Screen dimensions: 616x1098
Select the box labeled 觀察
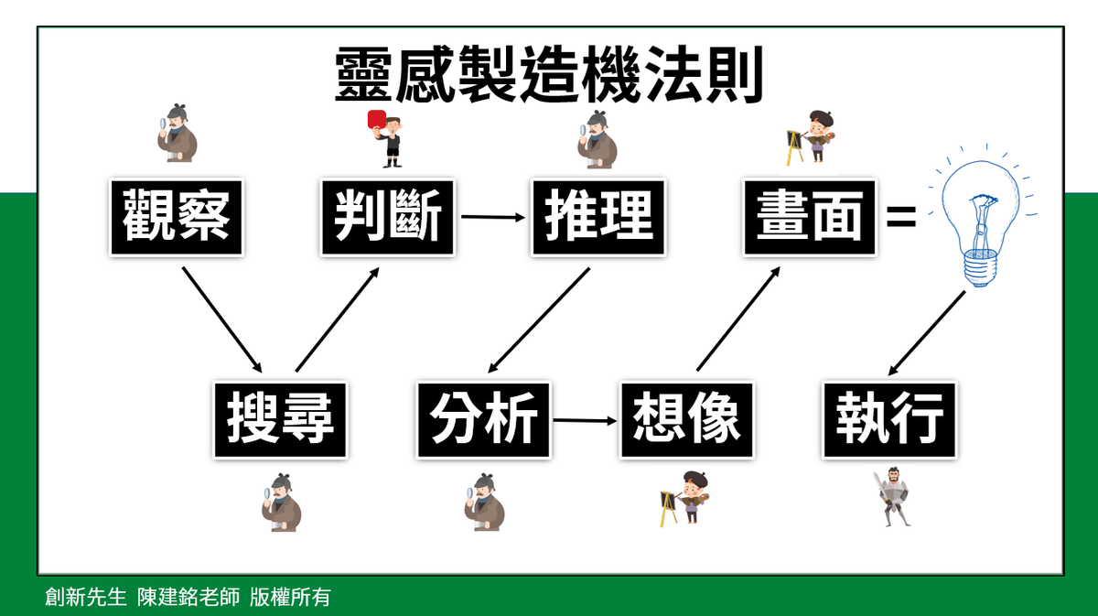point(176,218)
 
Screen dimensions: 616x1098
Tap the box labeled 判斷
point(387,218)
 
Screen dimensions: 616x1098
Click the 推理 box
point(598,218)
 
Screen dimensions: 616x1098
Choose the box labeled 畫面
point(810,218)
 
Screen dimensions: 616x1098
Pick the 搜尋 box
point(281,420)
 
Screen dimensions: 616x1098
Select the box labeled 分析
point(483,420)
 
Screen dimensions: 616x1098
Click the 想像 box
point(686,420)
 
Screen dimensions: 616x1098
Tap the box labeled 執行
point(888,420)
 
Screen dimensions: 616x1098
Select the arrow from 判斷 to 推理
point(494,218)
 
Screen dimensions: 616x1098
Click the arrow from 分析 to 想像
point(586,421)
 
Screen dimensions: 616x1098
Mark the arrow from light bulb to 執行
point(926,335)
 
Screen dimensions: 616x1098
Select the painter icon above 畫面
point(812,137)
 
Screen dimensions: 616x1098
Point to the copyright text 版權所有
point(290,598)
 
